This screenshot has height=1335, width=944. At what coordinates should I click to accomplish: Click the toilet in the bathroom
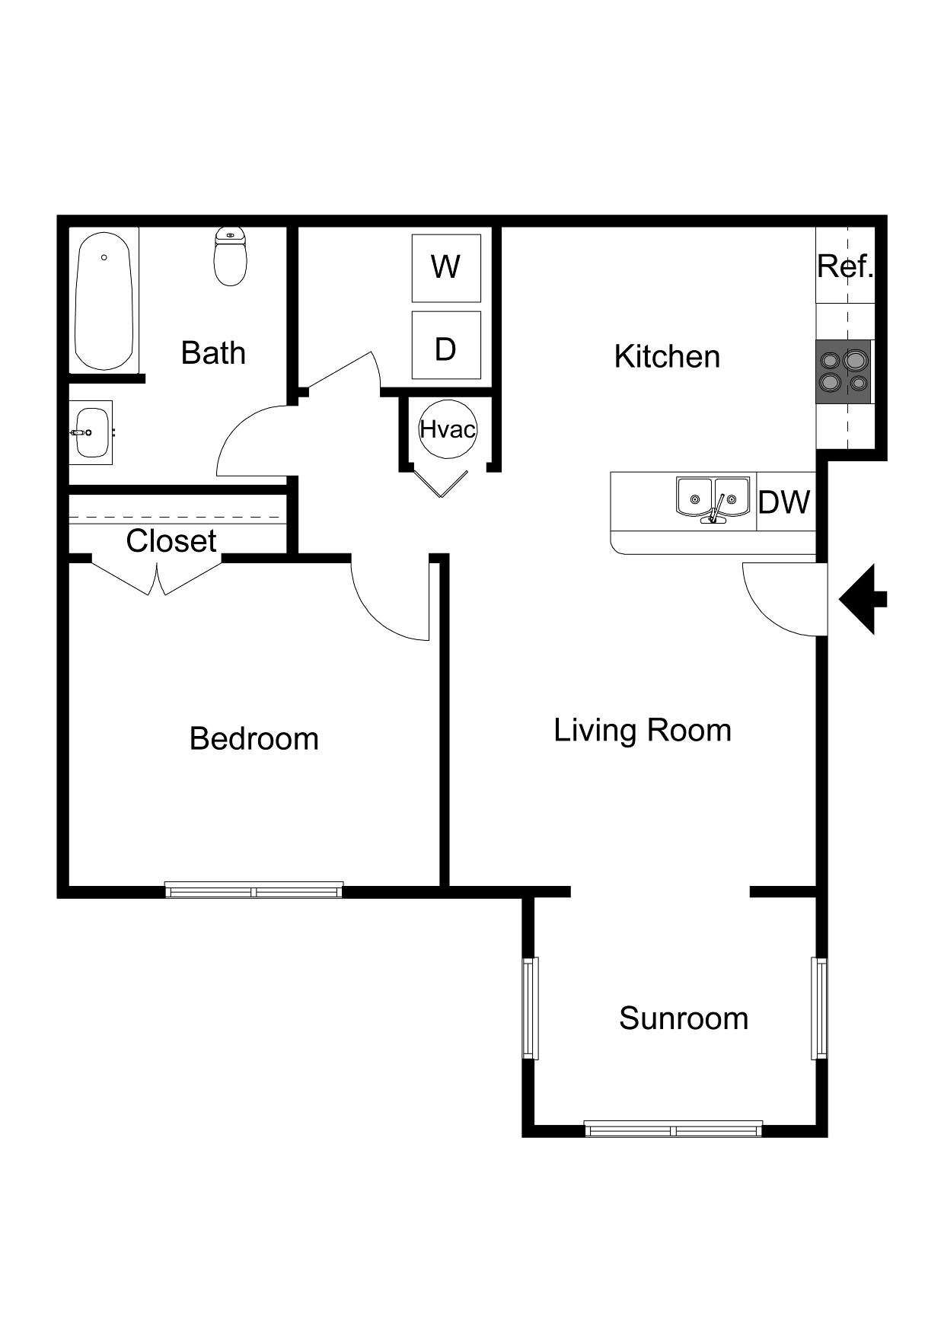click(x=231, y=257)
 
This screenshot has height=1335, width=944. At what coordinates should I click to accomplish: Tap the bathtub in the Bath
click(x=104, y=301)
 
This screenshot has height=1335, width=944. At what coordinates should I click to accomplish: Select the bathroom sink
click(x=91, y=432)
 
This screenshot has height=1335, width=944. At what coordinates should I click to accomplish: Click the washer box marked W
click(x=446, y=268)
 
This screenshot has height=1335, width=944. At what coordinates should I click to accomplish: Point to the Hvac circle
click(x=448, y=429)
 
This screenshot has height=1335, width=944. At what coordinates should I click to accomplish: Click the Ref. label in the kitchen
click(x=844, y=266)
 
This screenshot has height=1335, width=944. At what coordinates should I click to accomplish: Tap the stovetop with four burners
click(x=844, y=371)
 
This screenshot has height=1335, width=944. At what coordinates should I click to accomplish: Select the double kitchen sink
click(x=713, y=499)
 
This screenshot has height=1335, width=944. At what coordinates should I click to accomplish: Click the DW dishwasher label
click(x=784, y=502)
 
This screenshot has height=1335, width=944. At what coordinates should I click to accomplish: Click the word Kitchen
click(x=667, y=356)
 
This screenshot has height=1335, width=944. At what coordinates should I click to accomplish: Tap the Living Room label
click(x=642, y=730)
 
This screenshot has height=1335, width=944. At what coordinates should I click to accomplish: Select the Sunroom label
click(x=683, y=1018)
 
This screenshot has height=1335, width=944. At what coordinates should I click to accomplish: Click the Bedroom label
click(x=254, y=738)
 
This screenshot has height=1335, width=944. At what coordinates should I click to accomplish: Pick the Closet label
click(x=171, y=541)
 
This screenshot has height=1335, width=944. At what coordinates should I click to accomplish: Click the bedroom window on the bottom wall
click(x=254, y=890)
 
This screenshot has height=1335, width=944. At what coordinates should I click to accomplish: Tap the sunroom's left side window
click(x=531, y=1008)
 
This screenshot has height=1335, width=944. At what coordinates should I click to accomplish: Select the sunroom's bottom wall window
click(x=673, y=1129)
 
